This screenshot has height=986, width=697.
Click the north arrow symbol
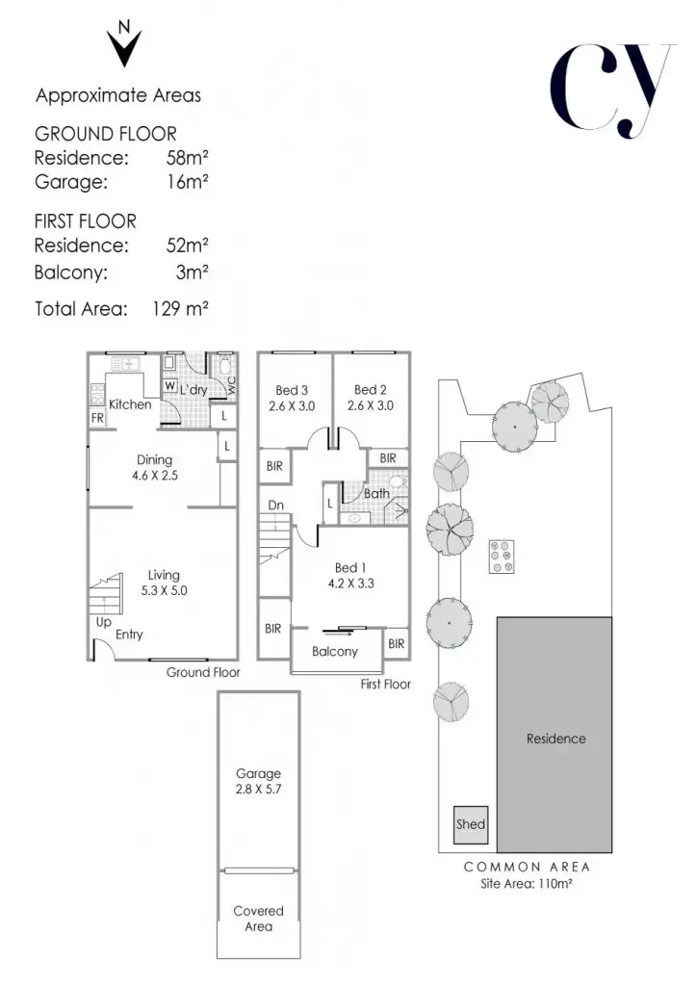[124, 43]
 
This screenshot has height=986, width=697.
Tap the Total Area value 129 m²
[181, 309]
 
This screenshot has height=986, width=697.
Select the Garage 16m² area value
[188, 180]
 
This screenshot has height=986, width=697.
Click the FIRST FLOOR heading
[85, 221]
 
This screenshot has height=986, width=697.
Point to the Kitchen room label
[129, 404]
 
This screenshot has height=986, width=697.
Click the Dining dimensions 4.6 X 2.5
[155, 476]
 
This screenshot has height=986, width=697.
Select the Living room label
[164, 575]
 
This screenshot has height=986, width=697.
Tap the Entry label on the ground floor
[129, 635]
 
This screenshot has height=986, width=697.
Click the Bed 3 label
[292, 390]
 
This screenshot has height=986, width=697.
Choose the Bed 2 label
[371, 390]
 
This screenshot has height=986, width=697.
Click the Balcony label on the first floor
[335, 652]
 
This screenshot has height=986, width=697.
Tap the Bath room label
[375, 493]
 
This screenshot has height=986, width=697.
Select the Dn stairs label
[276, 505]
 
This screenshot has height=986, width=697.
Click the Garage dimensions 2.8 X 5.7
[258, 789]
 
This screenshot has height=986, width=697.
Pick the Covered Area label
[258, 918]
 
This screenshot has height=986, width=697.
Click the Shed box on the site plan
[471, 824]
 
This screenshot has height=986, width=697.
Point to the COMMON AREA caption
[527, 867]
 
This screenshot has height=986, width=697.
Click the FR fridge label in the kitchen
[97, 418]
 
